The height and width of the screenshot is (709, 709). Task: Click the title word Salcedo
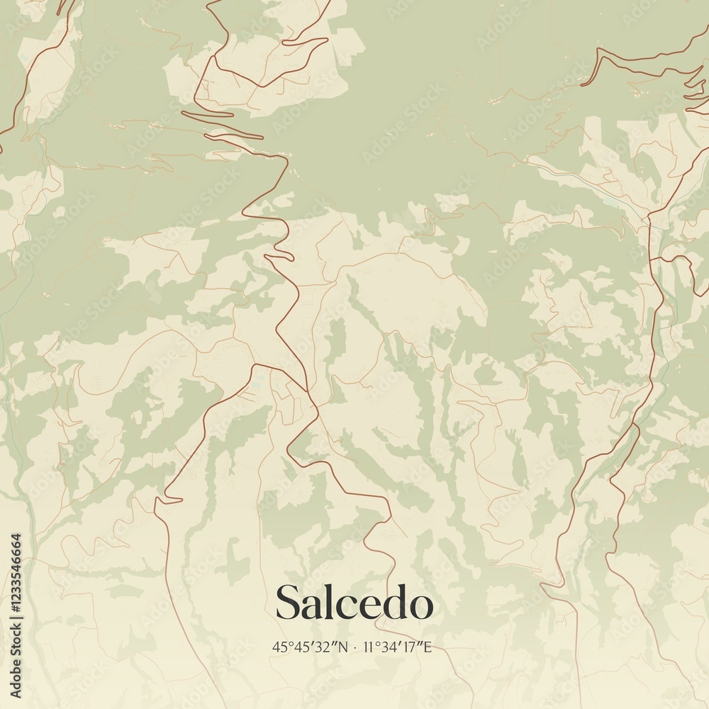354,603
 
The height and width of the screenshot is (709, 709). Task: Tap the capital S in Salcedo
286,603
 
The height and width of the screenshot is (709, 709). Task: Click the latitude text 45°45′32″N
310,647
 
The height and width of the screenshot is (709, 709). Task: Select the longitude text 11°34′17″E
397,647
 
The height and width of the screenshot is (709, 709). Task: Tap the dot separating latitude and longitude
355,647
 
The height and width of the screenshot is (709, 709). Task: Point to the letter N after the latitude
344,647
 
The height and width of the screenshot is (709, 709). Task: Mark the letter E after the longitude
428,647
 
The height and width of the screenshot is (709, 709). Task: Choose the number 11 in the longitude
367,647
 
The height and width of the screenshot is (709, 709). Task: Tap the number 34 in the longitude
389,647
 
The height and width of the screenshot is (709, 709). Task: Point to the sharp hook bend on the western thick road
158,501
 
